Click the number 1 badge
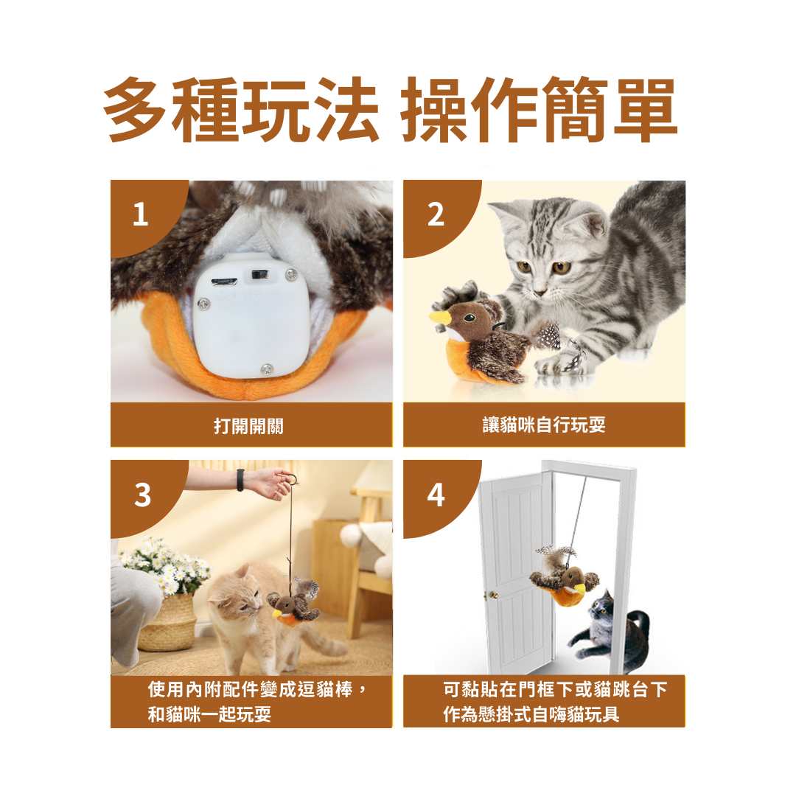click(141, 214)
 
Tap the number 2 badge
click(436, 214)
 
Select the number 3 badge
click(143, 495)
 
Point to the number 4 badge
click(436, 495)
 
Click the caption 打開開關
click(249, 425)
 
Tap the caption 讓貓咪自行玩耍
click(544, 425)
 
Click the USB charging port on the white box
click(224, 282)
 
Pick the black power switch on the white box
click(260, 275)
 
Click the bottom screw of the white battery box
click(267, 369)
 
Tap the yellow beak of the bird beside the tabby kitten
click(441, 319)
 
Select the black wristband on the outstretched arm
click(240, 480)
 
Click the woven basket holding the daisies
click(167, 624)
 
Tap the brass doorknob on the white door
click(492, 595)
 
